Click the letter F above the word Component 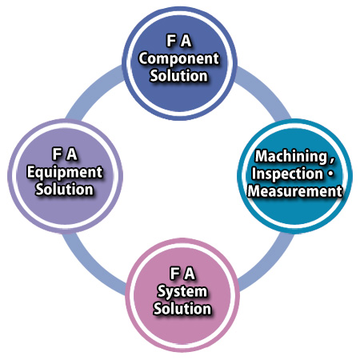(171, 41)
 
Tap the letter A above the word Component (186, 41)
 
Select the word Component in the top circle (179, 59)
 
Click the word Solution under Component (178, 76)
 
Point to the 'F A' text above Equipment (65, 154)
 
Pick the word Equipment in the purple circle (65, 173)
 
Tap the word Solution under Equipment (65, 190)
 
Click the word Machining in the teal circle (291, 157)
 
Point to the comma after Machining (331, 160)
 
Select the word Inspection (287, 174)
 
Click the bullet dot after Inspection (330, 174)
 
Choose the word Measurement (295, 191)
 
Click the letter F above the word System (174, 274)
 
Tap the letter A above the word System (190, 274)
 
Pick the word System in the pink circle (182, 292)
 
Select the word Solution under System (182, 309)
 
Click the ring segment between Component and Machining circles (263, 90)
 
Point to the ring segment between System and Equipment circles (93, 264)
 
